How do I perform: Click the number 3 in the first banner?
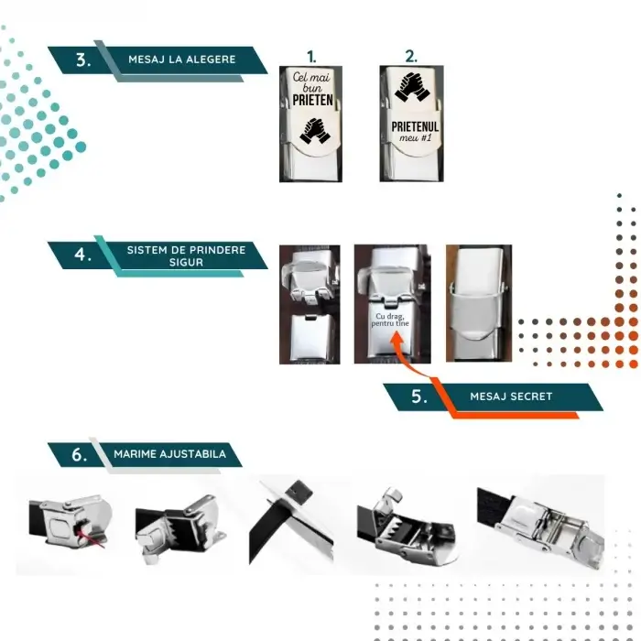click(x=83, y=60)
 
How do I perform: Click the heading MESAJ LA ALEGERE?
click(x=181, y=60)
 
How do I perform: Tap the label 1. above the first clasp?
click(x=310, y=56)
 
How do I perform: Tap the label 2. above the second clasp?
click(x=411, y=56)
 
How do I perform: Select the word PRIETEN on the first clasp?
click(x=311, y=102)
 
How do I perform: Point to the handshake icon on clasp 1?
click(x=314, y=131)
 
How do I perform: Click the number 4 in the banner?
click(x=83, y=255)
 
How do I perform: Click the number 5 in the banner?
click(x=418, y=397)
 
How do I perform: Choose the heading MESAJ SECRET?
click(x=510, y=397)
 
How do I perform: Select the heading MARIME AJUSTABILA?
click(x=170, y=454)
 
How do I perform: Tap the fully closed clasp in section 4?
click(x=477, y=303)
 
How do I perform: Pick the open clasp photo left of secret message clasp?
click(x=309, y=303)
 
